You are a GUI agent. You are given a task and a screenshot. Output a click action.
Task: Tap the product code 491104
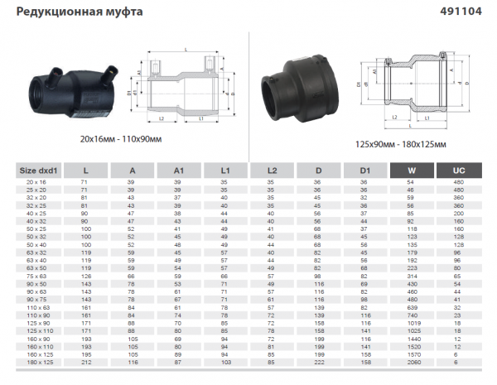[470, 12]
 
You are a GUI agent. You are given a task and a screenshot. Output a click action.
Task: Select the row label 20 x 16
[36, 180]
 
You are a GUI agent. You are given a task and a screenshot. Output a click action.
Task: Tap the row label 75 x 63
[36, 275]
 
